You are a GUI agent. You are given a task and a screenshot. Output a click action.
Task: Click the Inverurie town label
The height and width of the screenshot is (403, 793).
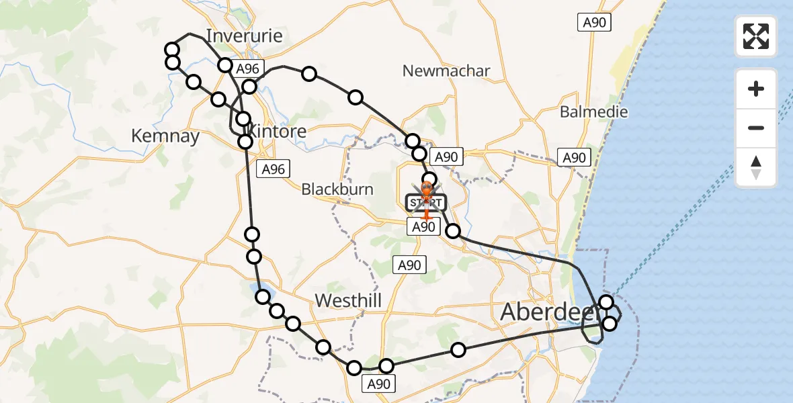pyautogui.click(x=244, y=36)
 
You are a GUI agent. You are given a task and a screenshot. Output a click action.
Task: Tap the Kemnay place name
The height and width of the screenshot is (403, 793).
pyautogui.click(x=165, y=136)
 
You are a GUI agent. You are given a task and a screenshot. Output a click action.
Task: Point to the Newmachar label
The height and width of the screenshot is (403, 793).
pyautogui.click(x=446, y=71)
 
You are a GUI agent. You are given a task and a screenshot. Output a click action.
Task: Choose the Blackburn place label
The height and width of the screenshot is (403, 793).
pyautogui.click(x=337, y=189)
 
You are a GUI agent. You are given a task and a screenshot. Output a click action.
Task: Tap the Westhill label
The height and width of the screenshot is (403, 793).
pyautogui.click(x=348, y=301)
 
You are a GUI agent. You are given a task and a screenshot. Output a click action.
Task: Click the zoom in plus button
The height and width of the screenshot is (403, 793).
pyautogui.click(x=756, y=89)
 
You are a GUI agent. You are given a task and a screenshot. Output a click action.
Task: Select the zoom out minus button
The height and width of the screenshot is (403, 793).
pyautogui.click(x=756, y=128)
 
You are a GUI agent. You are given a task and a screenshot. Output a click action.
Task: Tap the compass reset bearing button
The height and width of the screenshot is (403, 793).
pyautogui.click(x=756, y=167)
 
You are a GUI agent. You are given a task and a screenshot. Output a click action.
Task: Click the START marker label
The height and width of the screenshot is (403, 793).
pyautogui.click(x=425, y=202)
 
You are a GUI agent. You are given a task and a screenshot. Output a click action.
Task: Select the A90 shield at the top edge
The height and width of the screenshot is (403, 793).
pyautogui.click(x=594, y=23)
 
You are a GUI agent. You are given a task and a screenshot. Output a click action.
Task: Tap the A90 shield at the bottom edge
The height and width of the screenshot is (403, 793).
pyautogui.click(x=376, y=384)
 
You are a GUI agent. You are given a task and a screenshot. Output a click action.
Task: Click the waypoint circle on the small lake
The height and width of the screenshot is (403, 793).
pyautogui.click(x=262, y=296)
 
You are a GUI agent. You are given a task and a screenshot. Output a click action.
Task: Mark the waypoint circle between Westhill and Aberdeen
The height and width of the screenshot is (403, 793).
pyautogui.click(x=458, y=349)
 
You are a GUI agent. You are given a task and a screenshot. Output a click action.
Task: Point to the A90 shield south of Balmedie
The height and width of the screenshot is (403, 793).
pyautogui.click(x=574, y=158)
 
